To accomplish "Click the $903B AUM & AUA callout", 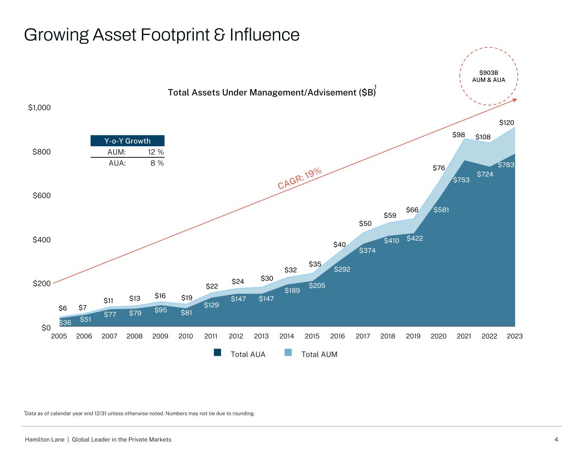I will tap(489, 76).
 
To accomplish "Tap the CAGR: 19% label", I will tap(300, 178).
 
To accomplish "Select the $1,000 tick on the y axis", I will tap(39, 108).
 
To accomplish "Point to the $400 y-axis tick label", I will tap(41, 240).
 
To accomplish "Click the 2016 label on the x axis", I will tap(337, 336).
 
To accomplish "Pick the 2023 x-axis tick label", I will tap(515, 336).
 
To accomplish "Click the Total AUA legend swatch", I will tap(218, 353).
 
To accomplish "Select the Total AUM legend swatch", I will tap(288, 353).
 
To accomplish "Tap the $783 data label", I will tap(506, 165).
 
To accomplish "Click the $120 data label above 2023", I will tap(507, 123).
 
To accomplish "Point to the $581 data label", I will tap(441, 210).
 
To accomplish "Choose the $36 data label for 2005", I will tap(65, 323).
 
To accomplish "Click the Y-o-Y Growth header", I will tap(127, 141).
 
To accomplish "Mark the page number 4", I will tap(556, 439).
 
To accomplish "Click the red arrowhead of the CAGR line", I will tap(515, 100).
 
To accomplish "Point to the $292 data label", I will tap(342, 269).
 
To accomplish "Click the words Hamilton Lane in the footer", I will tap(44, 439).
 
